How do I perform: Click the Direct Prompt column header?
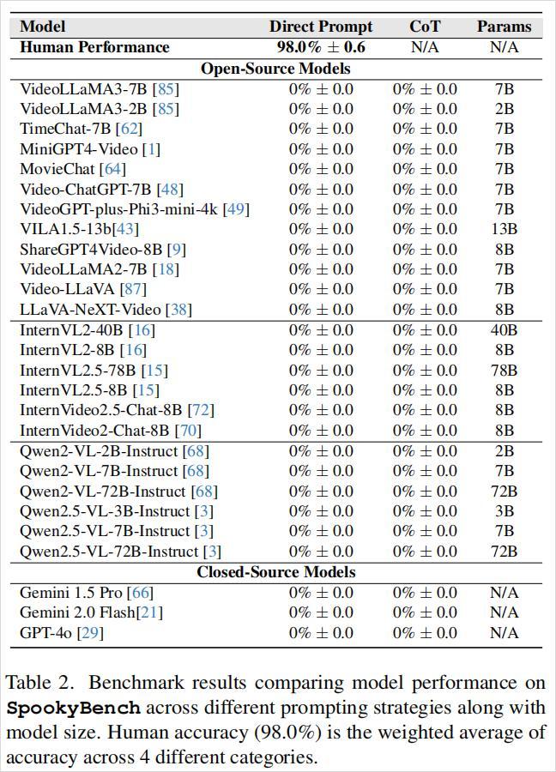(321, 27)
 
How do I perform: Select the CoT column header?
(425, 27)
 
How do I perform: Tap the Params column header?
(504, 27)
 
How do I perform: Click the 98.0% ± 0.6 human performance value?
(321, 47)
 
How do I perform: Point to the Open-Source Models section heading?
(275, 69)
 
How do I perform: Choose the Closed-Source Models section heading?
(275, 572)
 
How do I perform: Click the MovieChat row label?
(57, 169)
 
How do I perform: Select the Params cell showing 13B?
(504, 229)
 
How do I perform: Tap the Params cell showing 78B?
(504, 371)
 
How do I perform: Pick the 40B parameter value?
(504, 330)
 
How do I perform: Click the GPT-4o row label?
(49, 633)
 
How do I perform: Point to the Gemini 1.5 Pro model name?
(72, 593)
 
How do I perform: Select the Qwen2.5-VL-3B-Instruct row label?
(105, 511)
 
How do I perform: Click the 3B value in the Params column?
(504, 511)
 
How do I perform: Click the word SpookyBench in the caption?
(73, 709)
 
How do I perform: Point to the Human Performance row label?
(94, 47)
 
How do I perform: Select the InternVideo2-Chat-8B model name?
(94, 431)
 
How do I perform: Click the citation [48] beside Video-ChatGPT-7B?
(172, 189)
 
